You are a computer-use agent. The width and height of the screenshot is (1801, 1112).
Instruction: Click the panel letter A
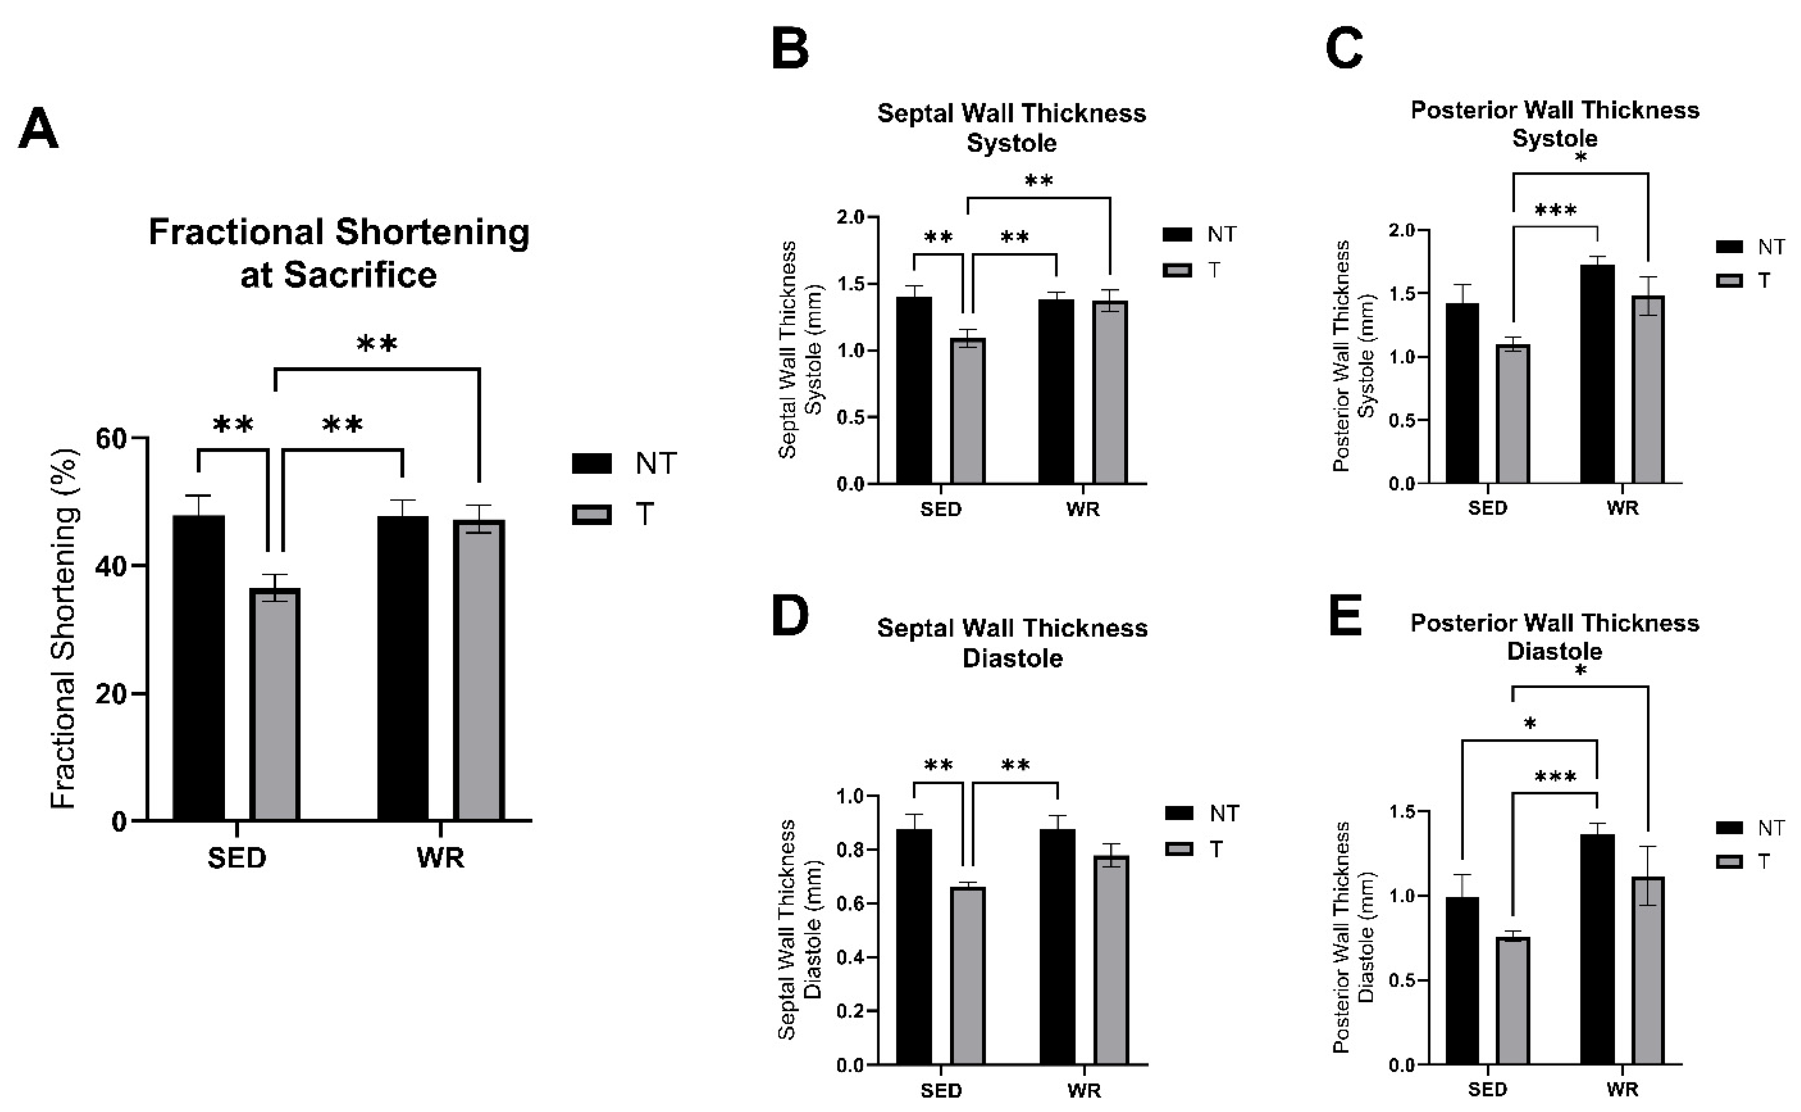point(38,130)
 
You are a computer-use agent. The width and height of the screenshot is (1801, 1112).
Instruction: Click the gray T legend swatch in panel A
point(591,514)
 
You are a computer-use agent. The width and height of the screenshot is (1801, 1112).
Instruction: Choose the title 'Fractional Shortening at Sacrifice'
point(339,253)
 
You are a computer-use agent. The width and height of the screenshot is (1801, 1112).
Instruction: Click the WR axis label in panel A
point(441,857)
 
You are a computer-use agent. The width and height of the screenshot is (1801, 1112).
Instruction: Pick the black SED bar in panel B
point(914,390)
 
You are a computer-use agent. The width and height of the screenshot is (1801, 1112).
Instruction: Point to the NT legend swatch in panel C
point(1730,247)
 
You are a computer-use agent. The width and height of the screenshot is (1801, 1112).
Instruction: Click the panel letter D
point(790,616)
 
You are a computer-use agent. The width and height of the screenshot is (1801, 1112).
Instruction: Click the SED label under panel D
point(941,1090)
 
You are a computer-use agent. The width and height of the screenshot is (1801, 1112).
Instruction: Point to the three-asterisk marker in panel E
point(1555,777)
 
